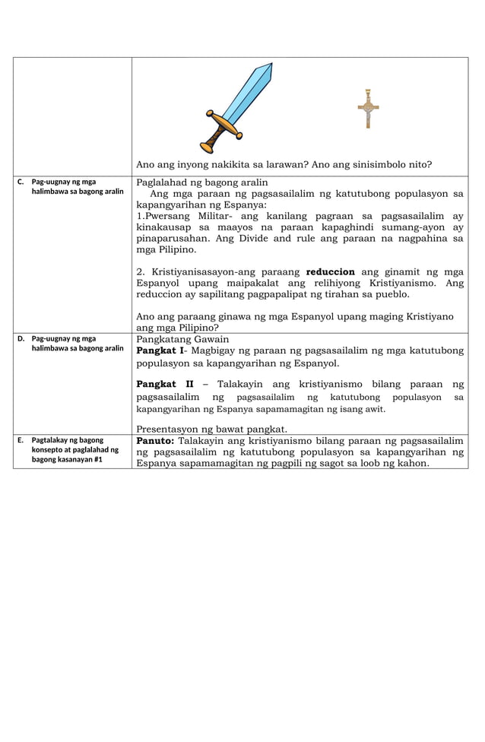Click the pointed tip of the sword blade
coord(270,65)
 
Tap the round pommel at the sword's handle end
coord(206,147)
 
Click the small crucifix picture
coord(368,109)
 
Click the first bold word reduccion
coord(330,271)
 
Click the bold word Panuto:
coord(155,440)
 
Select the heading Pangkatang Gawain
coord(182,339)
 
